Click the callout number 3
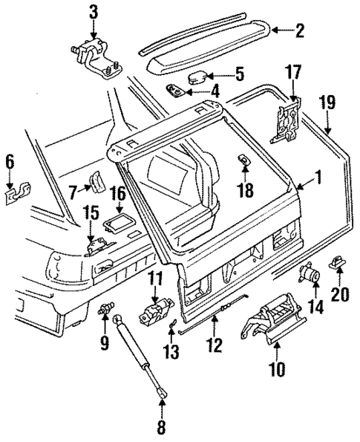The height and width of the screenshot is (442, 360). click(x=94, y=12)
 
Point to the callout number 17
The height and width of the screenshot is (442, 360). click(x=293, y=73)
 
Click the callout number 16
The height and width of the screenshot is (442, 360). click(x=118, y=196)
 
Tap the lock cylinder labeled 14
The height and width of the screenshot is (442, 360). click(x=308, y=276)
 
